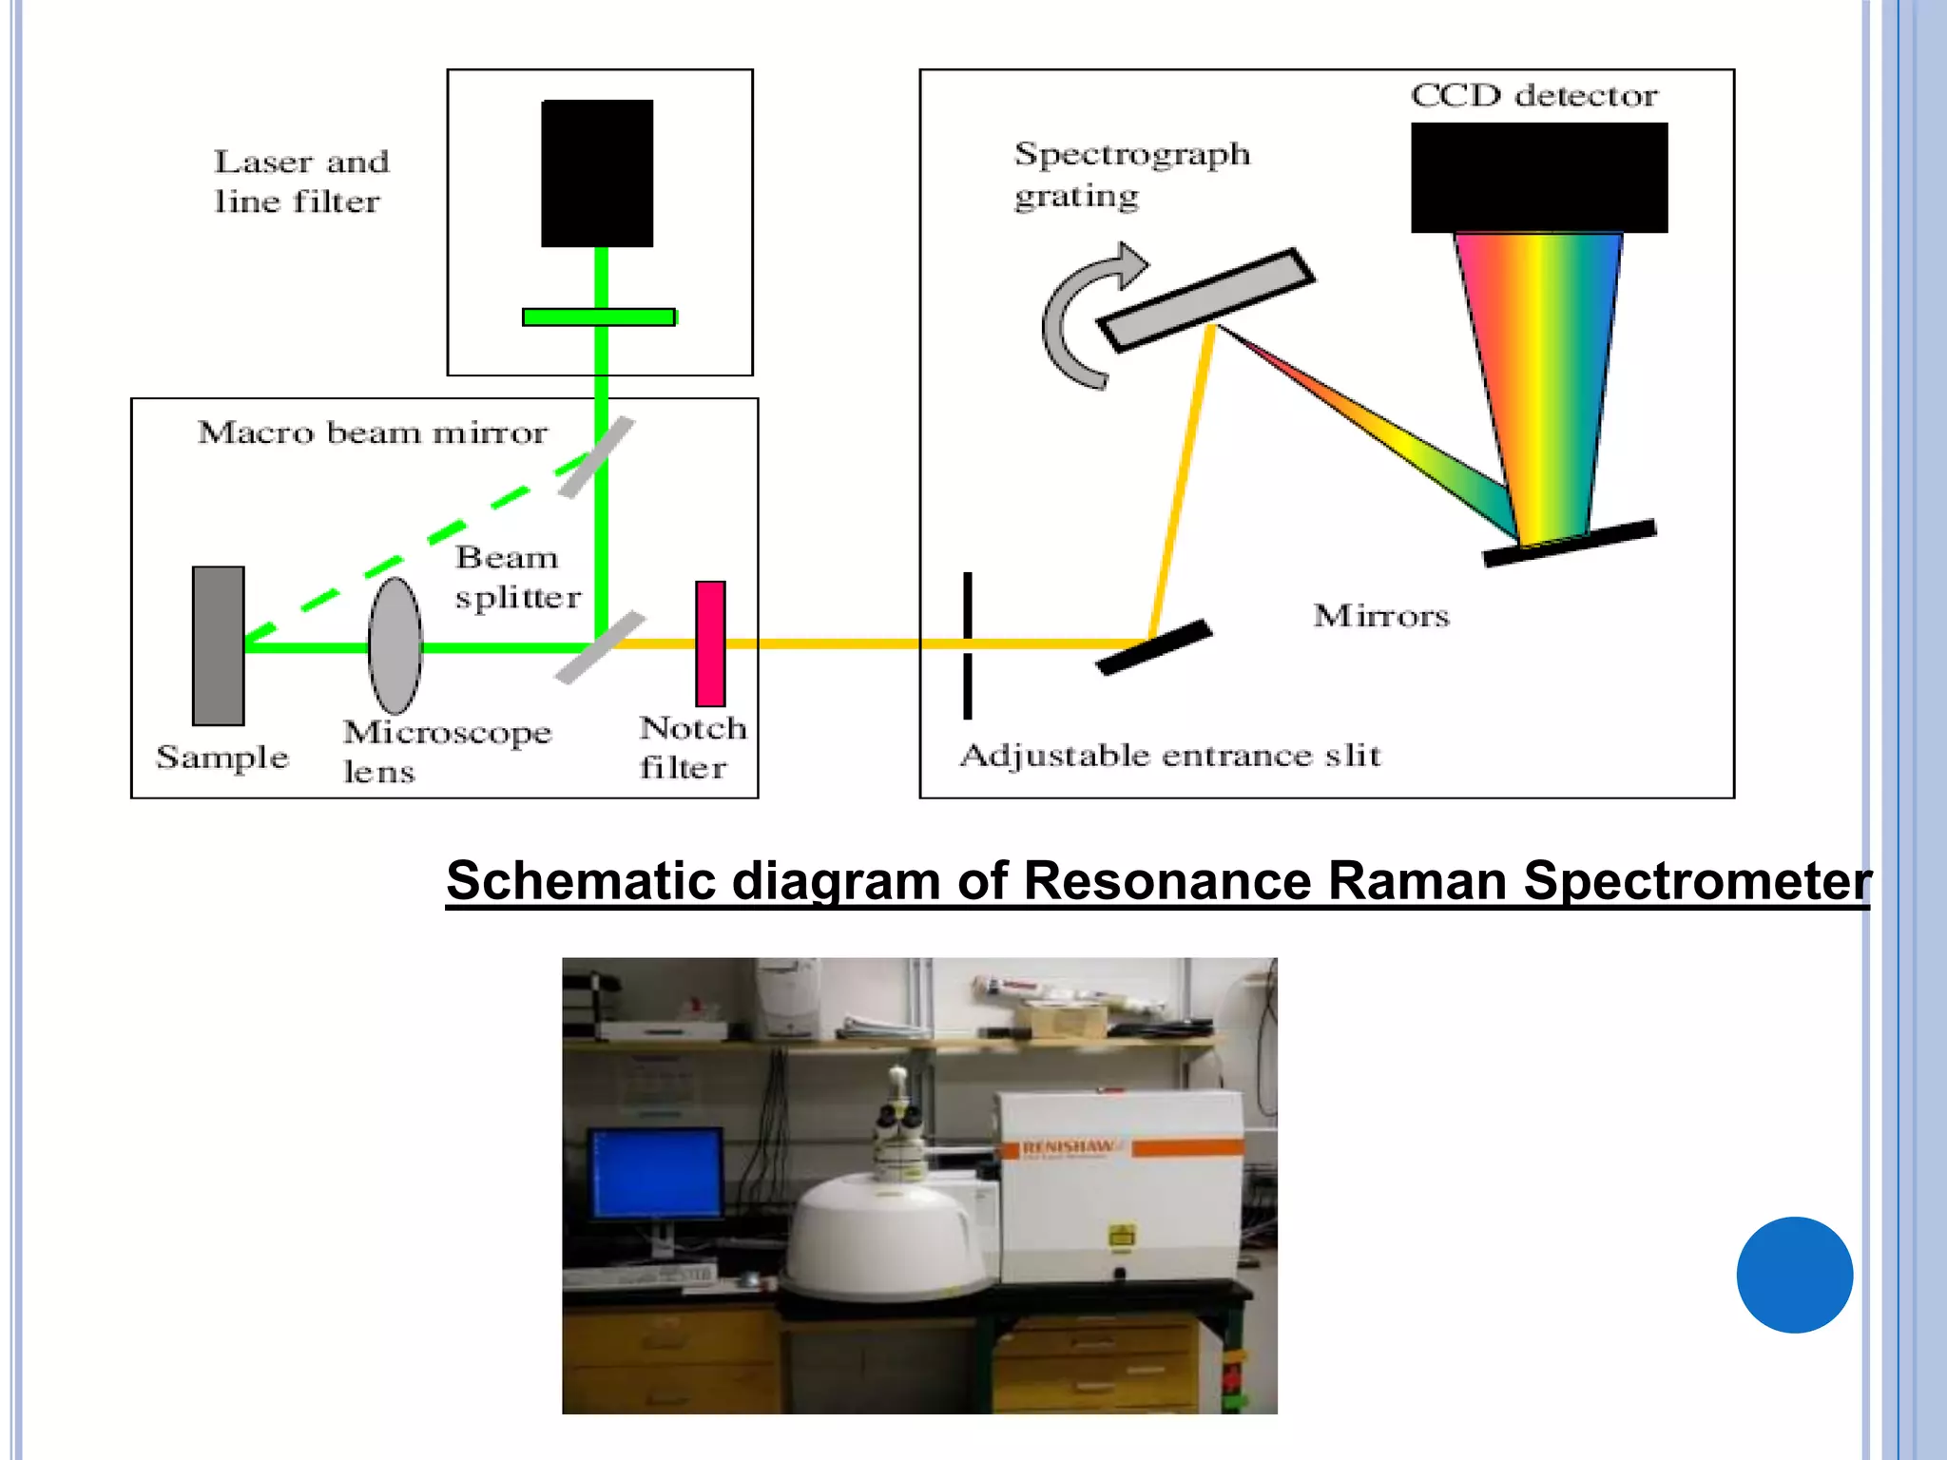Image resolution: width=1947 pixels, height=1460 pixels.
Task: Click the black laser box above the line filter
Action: pos(597,173)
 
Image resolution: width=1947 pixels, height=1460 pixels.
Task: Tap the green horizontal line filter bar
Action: pos(599,317)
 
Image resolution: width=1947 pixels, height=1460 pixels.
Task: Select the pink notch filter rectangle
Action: pos(710,644)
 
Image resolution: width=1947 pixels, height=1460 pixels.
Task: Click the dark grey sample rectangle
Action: pos(218,645)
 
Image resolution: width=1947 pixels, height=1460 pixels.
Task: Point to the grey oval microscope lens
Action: pos(395,646)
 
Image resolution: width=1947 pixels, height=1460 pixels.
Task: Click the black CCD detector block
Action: pos(1538,177)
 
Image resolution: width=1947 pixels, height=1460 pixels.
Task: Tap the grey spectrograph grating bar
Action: pos(1205,300)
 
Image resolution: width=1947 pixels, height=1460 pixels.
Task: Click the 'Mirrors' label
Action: pos(1380,616)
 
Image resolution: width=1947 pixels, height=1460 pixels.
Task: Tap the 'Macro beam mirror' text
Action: pos(372,432)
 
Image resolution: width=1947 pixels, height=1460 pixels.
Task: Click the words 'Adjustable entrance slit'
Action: pos(1169,756)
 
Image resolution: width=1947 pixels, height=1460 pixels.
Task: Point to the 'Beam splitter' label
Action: pos(516,577)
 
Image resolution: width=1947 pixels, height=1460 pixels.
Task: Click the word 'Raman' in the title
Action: pos(1417,879)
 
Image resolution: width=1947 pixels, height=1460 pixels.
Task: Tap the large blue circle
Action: pos(1794,1275)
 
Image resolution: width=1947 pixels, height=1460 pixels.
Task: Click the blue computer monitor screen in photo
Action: pos(655,1173)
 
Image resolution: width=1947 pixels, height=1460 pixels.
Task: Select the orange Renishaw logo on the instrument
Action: pos(1068,1148)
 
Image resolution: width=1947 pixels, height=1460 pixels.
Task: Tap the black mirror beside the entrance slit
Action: pos(1153,647)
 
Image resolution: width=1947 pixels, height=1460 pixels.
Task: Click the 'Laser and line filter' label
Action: pos(300,182)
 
